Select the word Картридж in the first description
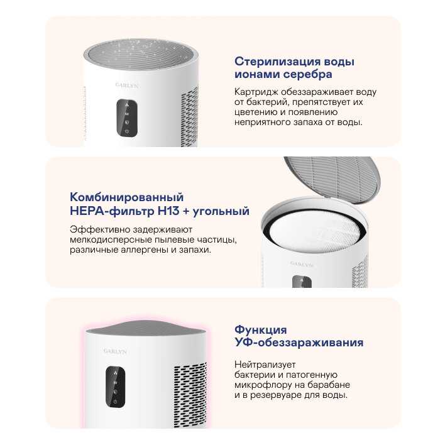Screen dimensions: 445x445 pos(256,92)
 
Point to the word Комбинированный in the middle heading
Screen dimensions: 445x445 pos(126,197)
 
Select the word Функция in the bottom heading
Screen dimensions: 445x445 pos(261,330)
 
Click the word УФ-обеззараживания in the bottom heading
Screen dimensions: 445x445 pos(299,343)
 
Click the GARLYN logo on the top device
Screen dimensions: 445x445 pos(127,85)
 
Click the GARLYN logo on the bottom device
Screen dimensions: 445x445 pos(115,351)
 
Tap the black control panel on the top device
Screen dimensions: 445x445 pos(127,118)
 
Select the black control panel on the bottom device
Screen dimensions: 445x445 pos(115,387)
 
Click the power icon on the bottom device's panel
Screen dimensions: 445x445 pos(115,402)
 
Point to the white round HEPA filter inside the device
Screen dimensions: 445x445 pos(317,233)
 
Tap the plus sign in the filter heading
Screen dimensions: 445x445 pos(185,211)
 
